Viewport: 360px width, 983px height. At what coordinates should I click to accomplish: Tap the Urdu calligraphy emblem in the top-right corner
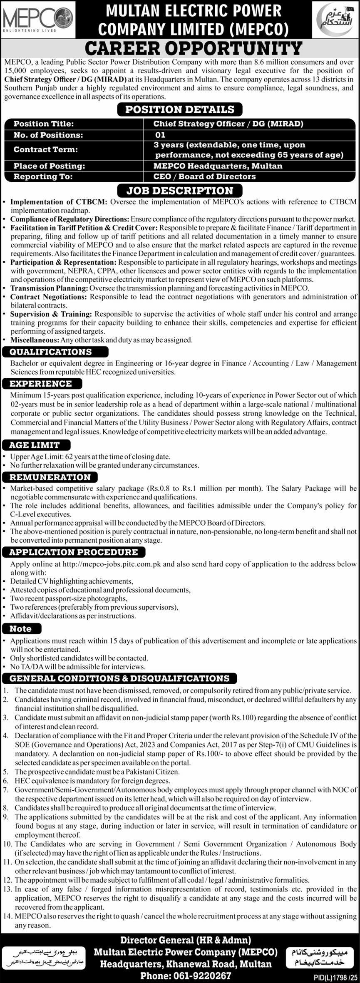pyautogui.click(x=335, y=19)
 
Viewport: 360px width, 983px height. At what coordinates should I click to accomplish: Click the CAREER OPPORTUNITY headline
pyautogui.click(x=193, y=49)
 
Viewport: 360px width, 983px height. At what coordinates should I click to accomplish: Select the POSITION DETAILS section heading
pyautogui.click(x=180, y=109)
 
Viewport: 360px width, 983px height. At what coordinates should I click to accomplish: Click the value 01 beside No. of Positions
pyautogui.click(x=160, y=135)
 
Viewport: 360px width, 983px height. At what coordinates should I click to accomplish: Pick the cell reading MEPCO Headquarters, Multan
pyautogui.click(x=218, y=166)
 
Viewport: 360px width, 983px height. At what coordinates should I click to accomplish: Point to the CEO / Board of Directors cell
pyautogui.click(x=205, y=176)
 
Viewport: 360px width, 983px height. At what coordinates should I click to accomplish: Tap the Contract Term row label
pyautogui.click(x=46, y=149)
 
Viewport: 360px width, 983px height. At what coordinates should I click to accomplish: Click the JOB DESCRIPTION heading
pyautogui.click(x=180, y=191)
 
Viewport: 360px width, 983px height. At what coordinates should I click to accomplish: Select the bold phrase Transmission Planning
pyautogui.click(x=49, y=288)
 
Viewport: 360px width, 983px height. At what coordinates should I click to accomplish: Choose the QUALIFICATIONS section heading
pyautogui.click(x=51, y=352)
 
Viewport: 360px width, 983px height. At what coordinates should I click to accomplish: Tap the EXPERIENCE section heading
pyautogui.click(x=41, y=384)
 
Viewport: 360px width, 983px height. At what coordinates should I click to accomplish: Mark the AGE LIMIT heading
pyautogui.click(x=35, y=445)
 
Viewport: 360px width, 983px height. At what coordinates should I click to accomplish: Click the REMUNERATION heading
pyautogui.click(x=50, y=477)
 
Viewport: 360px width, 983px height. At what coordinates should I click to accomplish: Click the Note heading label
pyautogui.click(x=21, y=628)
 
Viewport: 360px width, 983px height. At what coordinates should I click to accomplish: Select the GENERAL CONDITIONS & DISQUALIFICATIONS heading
pyautogui.click(x=119, y=678)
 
